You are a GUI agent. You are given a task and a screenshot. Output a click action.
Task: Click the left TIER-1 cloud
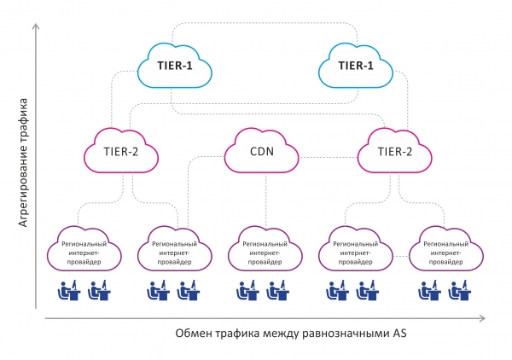175,65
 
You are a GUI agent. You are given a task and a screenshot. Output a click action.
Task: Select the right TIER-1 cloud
355,65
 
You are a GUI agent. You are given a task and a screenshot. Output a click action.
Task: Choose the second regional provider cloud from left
173,249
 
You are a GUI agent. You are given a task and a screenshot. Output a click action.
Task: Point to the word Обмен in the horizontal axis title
193,333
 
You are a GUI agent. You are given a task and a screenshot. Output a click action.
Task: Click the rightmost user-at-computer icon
461,293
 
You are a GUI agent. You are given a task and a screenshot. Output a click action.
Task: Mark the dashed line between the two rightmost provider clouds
400,255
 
